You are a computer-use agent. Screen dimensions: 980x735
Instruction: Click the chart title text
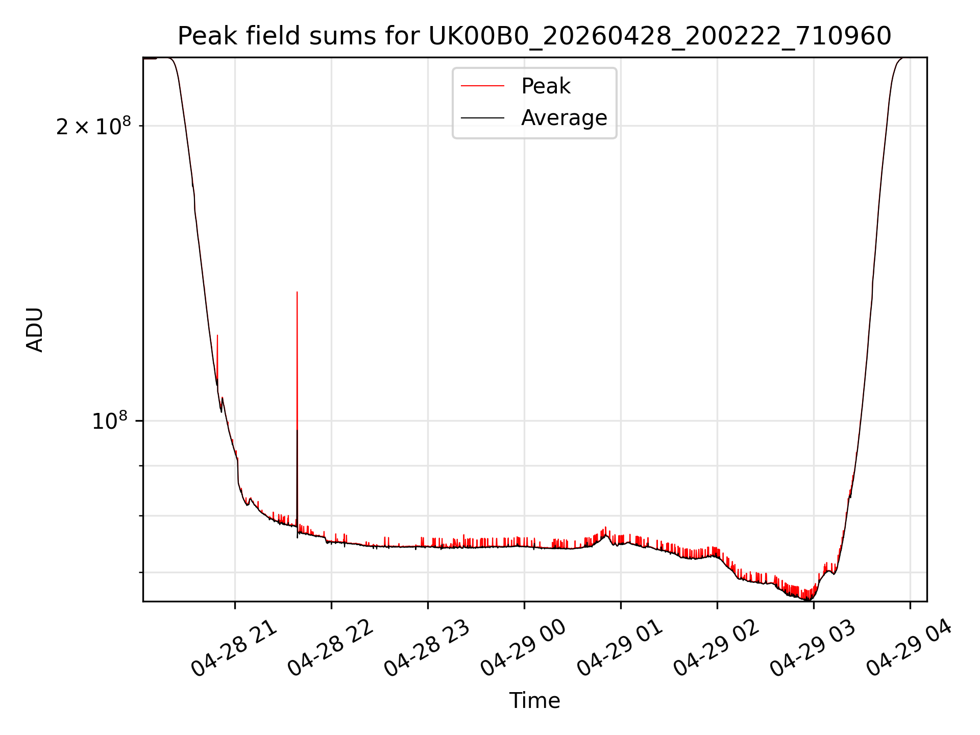pos(534,36)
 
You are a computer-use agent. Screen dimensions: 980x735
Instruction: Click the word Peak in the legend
pos(546,86)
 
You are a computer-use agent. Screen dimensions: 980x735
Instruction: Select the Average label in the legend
pos(564,118)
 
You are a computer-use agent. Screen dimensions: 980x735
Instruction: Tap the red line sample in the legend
pos(482,86)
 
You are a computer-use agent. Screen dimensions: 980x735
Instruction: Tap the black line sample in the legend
pos(482,118)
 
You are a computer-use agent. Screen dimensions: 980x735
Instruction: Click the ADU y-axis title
pos(35,330)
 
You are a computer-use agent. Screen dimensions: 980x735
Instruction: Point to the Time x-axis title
pos(534,701)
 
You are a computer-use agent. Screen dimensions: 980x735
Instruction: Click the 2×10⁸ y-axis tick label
pos(93,126)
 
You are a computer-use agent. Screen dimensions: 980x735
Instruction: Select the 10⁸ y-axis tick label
pos(110,421)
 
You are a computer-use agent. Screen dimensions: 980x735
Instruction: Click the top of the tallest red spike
pos(297,292)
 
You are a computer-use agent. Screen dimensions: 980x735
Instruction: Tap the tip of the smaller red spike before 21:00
pos(217,335)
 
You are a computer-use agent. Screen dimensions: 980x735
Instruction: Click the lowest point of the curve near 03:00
pos(808,600)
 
